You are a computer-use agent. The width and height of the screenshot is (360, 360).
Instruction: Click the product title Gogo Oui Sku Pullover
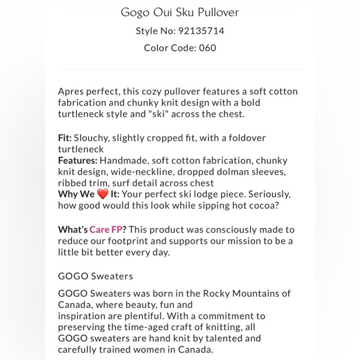[179, 12]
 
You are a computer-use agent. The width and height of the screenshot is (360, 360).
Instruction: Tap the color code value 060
[207, 48]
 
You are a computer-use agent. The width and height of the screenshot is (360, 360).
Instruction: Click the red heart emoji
[102, 194]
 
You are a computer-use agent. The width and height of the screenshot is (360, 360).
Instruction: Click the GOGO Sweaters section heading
[96, 276]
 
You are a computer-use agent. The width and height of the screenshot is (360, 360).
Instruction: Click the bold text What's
[73, 230]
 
